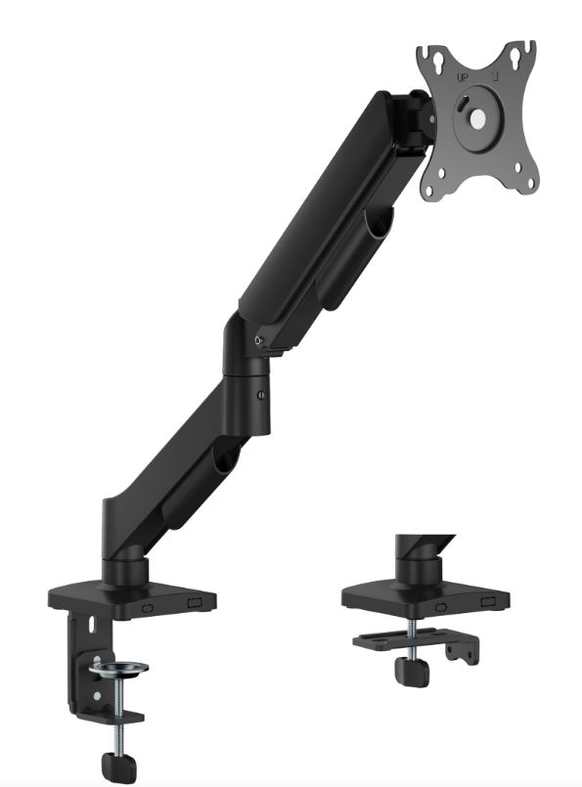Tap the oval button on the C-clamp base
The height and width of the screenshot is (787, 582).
click(x=148, y=607)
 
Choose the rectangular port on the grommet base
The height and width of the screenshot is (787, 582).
click(x=485, y=603)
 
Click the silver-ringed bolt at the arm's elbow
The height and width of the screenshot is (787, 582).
click(x=258, y=340)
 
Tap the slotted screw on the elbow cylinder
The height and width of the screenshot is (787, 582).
click(x=261, y=395)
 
